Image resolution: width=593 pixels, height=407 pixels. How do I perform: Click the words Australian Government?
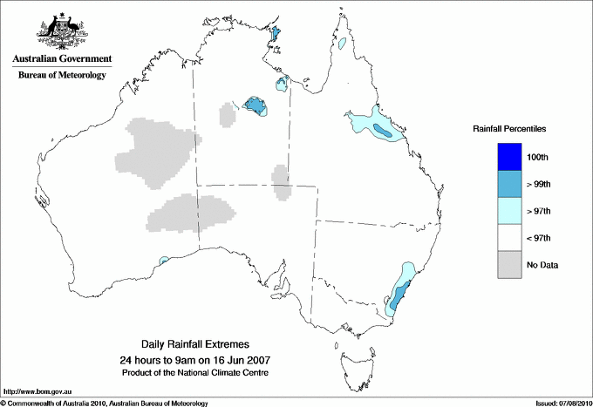(x=58, y=59)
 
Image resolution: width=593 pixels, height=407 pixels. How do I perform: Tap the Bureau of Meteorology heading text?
(x=62, y=76)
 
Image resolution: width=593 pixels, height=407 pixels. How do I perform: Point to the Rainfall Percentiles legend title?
(x=509, y=128)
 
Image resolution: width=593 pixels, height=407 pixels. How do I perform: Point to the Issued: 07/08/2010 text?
(x=562, y=403)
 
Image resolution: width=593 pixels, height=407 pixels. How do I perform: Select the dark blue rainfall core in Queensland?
(x=383, y=132)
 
